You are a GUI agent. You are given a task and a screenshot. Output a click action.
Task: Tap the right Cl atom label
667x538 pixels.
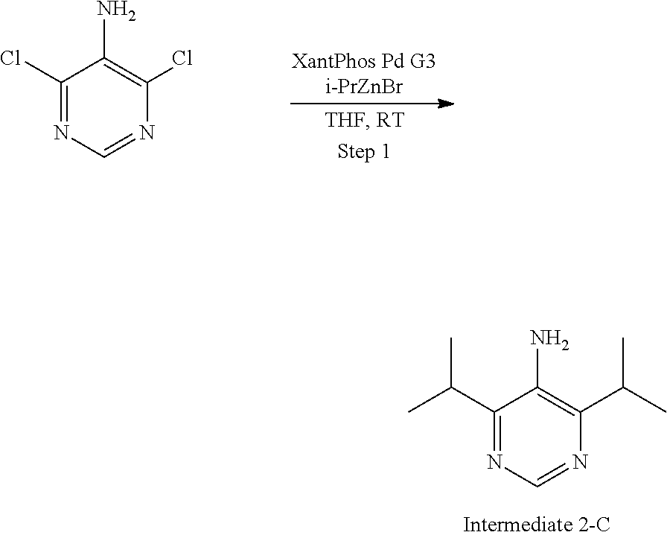click(182, 59)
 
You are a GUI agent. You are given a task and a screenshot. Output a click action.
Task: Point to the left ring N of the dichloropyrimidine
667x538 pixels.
click(61, 134)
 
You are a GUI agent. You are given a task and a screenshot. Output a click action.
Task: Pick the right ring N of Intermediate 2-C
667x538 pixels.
click(580, 462)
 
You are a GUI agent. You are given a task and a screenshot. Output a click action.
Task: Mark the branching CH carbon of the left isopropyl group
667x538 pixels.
click(451, 387)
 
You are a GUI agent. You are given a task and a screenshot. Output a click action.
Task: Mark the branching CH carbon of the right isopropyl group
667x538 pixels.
click(622, 387)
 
